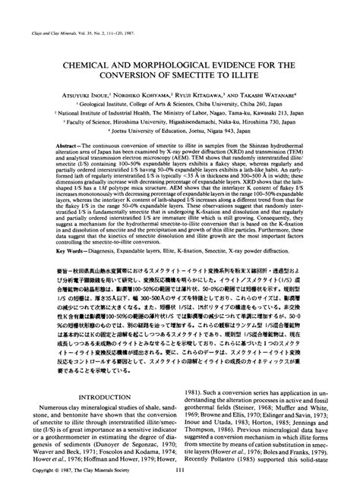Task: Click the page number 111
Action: [179, 476]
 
